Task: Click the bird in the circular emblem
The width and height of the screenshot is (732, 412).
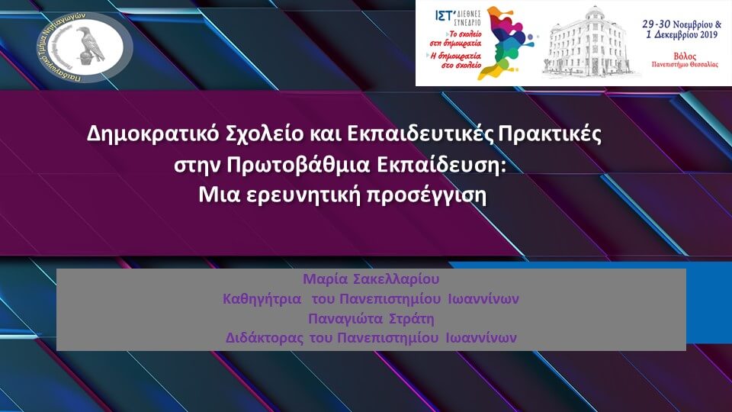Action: click(x=91, y=45)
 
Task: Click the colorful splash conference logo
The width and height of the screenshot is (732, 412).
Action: click(x=509, y=42)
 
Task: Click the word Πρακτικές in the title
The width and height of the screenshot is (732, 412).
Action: click(x=550, y=134)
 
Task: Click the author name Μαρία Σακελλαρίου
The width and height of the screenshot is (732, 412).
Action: click(x=371, y=280)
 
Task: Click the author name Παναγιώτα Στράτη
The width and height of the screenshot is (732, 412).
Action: click(x=371, y=318)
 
